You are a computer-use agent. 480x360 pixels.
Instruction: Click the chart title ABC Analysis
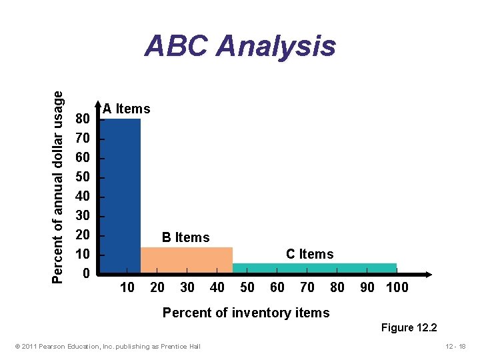240,47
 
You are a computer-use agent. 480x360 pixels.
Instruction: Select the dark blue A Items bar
121,193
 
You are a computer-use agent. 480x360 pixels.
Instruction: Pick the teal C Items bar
314,268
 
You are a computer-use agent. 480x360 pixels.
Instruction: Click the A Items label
127,109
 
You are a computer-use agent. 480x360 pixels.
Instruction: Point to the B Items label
186,237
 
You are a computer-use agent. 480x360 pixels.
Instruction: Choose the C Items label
309,254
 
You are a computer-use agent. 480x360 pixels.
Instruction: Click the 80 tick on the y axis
83,119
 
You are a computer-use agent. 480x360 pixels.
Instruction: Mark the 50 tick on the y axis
83,177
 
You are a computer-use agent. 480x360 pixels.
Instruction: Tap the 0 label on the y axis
86,274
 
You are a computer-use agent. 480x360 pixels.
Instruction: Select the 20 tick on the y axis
83,235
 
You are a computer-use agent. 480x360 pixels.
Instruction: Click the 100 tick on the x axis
397,287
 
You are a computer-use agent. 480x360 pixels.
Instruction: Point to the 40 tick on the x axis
217,287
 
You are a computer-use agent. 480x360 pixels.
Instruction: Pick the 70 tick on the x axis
307,287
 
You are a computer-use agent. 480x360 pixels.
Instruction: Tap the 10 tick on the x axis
127,287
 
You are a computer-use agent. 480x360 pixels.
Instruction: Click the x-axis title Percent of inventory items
246,313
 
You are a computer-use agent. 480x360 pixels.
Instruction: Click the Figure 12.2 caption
409,327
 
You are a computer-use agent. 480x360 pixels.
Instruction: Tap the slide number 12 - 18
456,345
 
